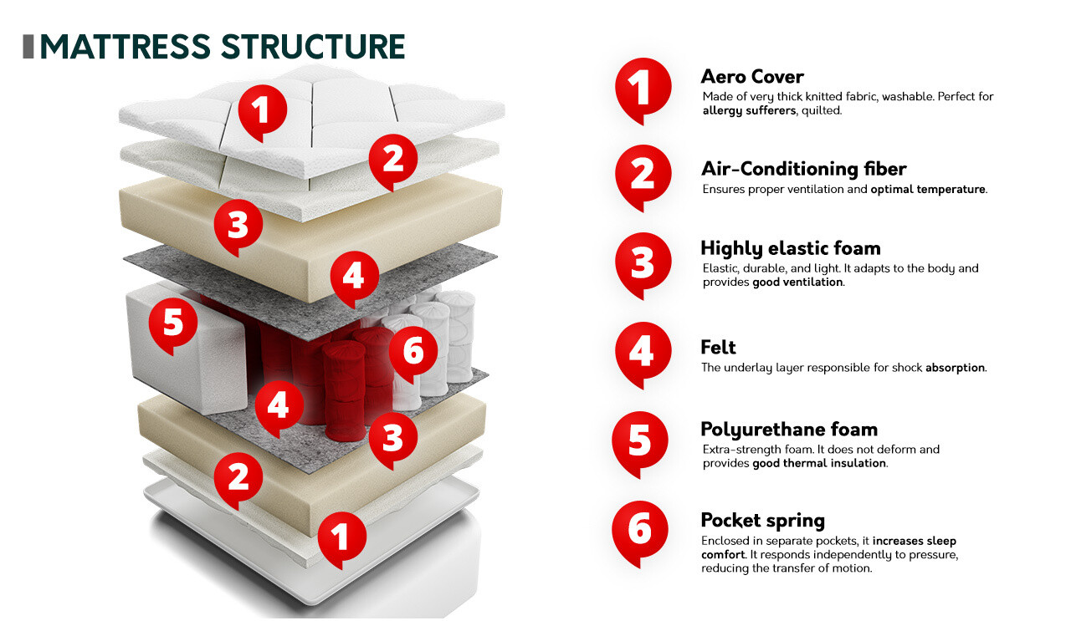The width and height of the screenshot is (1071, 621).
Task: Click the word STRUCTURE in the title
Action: pyautogui.click(x=314, y=47)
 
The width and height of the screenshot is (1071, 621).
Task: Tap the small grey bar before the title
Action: pyautogui.click(x=28, y=47)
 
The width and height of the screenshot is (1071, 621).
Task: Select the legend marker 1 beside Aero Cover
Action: pyautogui.click(x=643, y=87)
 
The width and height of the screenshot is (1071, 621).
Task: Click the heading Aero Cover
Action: pyautogui.click(x=751, y=77)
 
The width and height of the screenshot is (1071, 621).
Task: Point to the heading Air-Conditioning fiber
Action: pyautogui.click(x=803, y=170)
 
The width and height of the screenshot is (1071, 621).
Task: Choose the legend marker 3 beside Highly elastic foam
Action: pyautogui.click(x=643, y=262)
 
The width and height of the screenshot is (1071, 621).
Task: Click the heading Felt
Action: pyautogui.click(x=718, y=347)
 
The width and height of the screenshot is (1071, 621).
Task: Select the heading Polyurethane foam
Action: pyautogui.click(x=788, y=430)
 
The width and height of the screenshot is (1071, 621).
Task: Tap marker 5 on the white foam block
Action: pyautogui.click(x=173, y=323)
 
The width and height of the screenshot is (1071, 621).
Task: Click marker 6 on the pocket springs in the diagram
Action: pyautogui.click(x=413, y=352)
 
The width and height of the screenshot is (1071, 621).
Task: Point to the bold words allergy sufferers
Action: pyautogui.click(x=749, y=110)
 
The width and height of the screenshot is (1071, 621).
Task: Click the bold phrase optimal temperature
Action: pyautogui.click(x=928, y=190)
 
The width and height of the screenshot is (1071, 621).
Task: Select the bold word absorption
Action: pyautogui.click(x=955, y=368)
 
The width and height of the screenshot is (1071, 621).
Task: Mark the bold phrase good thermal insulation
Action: pyautogui.click(x=819, y=463)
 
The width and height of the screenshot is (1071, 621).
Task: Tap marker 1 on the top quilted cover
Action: pyautogui.click(x=262, y=111)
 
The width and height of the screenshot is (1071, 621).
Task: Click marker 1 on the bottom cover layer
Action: pyautogui.click(x=341, y=536)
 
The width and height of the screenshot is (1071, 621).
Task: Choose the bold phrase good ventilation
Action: pyautogui.click(x=797, y=283)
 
